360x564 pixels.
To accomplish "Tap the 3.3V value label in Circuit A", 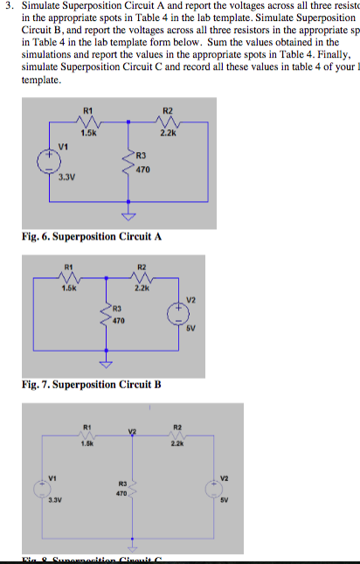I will [66, 178].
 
